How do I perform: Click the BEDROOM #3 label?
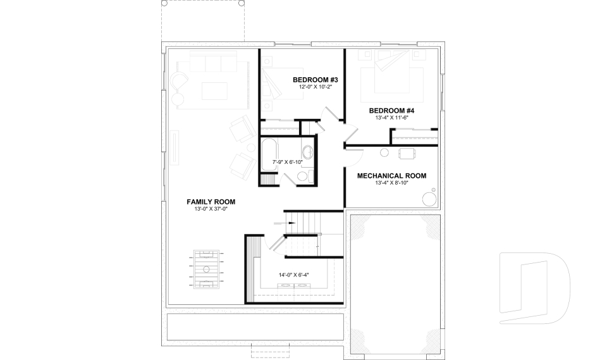coord(316,80)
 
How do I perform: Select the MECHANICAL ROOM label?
coord(391,176)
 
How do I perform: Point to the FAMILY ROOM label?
coord(211,202)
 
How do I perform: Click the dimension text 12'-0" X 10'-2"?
coord(316,87)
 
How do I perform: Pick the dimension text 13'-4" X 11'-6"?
coord(392,118)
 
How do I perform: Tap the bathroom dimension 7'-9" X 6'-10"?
coord(288,163)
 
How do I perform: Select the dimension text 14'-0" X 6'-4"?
coord(294,275)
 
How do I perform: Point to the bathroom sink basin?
coord(308,152)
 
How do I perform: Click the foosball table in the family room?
coord(208,270)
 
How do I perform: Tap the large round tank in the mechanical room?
coord(430,199)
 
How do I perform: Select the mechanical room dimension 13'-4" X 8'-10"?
coord(391,183)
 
